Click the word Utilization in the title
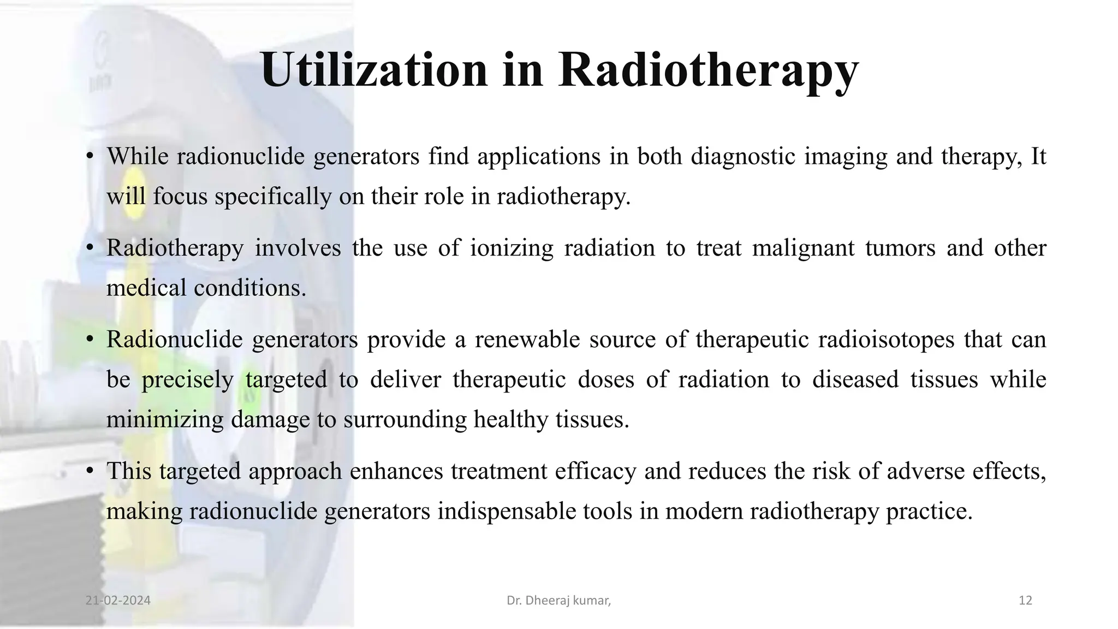pos(374,70)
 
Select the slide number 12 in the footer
pos(1025,601)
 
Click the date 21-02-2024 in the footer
pos(118,601)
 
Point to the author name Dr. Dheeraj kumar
pos(558,601)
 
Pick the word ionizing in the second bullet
pos(512,248)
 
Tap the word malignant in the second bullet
pos(802,248)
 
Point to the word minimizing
pos(165,419)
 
